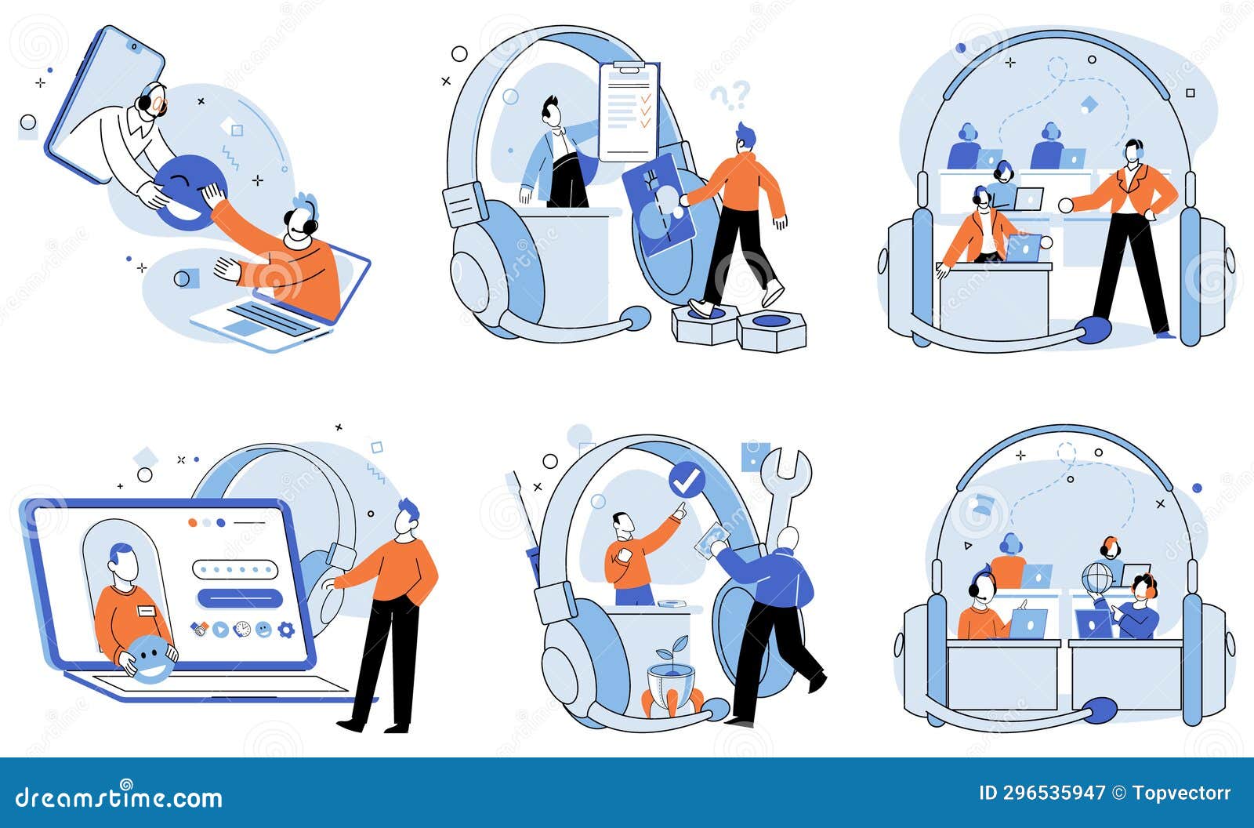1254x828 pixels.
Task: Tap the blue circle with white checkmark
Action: [x=687, y=480]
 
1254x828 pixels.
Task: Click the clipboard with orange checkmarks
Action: [x=629, y=112]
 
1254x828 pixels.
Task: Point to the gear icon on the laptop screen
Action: [x=286, y=630]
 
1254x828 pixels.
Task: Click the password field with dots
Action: [x=235, y=569]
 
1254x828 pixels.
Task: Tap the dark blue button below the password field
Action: [x=240, y=598]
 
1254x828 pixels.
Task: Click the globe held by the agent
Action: [x=1096, y=578]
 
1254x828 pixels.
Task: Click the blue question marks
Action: [x=731, y=96]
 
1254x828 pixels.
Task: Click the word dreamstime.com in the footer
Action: [x=118, y=797]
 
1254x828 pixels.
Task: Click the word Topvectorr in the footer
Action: [x=1181, y=793]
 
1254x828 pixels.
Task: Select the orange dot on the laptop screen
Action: [x=193, y=523]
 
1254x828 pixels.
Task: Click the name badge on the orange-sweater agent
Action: [x=147, y=610]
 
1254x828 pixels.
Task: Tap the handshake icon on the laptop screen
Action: [x=199, y=630]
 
